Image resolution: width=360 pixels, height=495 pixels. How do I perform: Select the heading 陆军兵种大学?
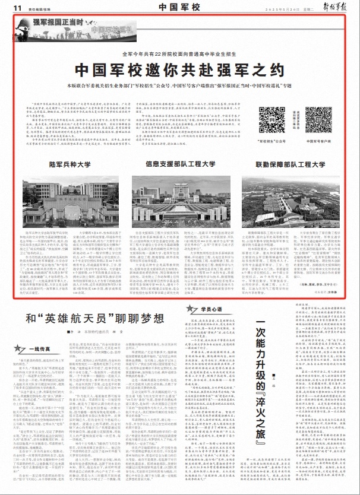64,146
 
